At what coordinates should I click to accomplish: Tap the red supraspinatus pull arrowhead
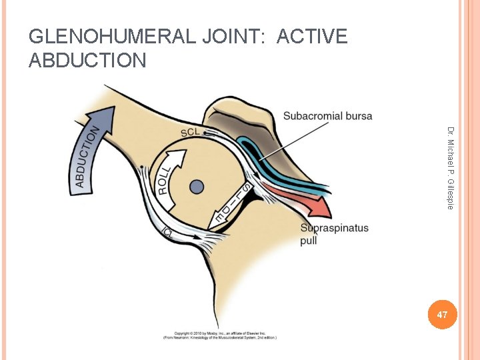[x=321, y=207]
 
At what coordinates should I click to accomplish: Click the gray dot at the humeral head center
[x=196, y=187]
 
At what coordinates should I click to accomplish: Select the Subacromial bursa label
[x=327, y=116]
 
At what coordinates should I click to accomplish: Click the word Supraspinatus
[x=334, y=229]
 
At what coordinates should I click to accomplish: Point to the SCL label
[x=190, y=133]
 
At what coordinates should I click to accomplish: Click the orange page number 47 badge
[x=442, y=314]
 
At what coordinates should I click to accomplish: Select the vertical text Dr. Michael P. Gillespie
[x=451, y=167]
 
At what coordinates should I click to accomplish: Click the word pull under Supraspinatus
[x=309, y=241]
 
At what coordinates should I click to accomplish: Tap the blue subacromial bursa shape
[x=267, y=160]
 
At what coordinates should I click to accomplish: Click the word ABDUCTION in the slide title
[x=87, y=61]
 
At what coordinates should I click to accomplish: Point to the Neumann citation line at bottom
[x=220, y=337]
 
